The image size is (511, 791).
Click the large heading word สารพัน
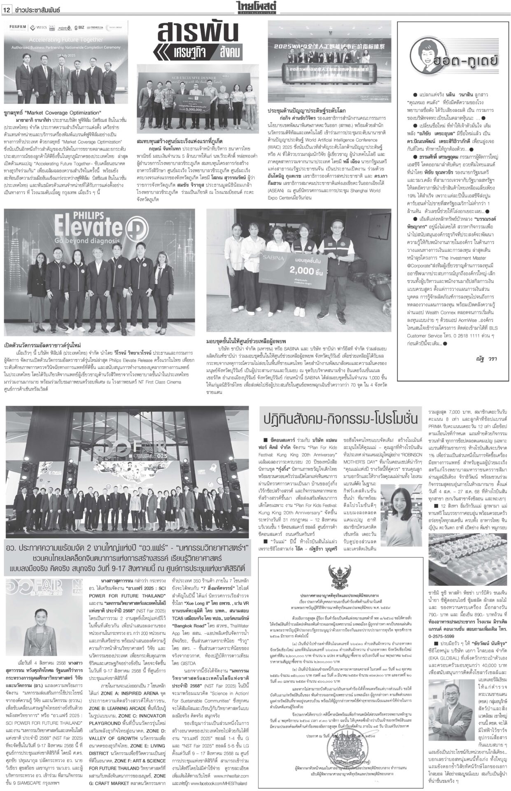coord(197,33)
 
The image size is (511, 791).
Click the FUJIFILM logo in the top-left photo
coord(19,27)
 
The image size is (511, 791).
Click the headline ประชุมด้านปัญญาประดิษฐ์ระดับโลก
coord(307,112)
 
